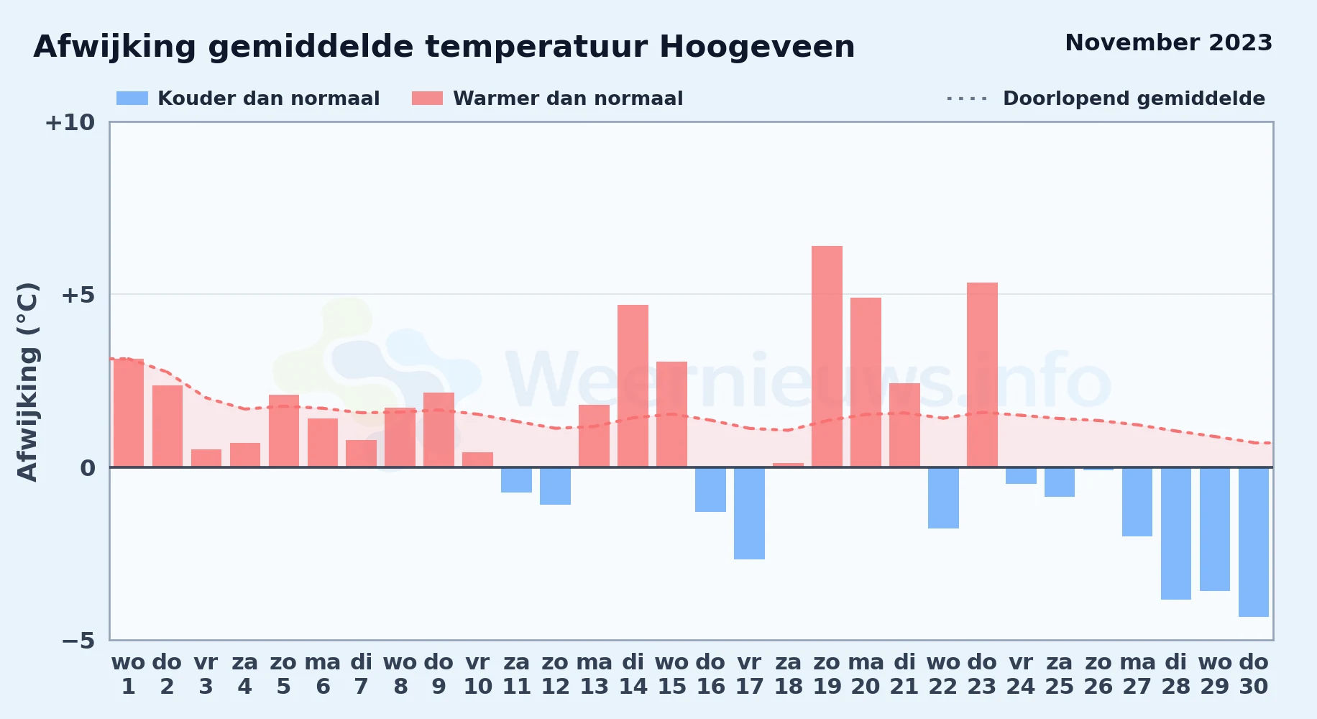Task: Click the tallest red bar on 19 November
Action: (x=827, y=357)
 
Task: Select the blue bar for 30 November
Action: (x=1254, y=542)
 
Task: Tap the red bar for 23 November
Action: (x=982, y=375)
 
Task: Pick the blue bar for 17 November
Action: (x=749, y=513)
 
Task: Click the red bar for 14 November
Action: (x=633, y=386)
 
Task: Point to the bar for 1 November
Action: (x=129, y=413)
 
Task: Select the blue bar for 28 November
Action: (x=1176, y=533)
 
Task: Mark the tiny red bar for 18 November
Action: (x=788, y=465)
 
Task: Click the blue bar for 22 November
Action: (x=943, y=498)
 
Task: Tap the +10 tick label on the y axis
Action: (x=70, y=122)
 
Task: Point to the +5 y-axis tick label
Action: (x=78, y=295)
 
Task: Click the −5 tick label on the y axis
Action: (x=78, y=640)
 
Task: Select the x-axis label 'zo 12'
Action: (x=556, y=674)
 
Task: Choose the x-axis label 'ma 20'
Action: (x=866, y=674)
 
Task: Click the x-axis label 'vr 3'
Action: (x=206, y=674)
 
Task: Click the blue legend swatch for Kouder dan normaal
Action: (x=132, y=99)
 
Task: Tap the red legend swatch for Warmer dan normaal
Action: (x=428, y=99)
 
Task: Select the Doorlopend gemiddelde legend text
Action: (x=1134, y=99)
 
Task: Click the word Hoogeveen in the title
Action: (x=757, y=47)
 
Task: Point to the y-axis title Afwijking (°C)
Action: (x=27, y=382)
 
